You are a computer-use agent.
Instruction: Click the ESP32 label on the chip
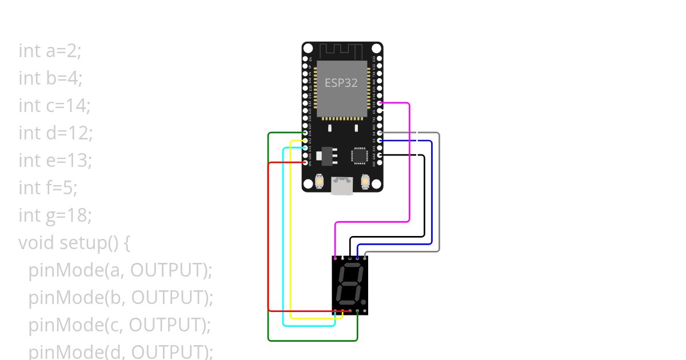341,83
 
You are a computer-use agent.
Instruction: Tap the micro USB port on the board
342,186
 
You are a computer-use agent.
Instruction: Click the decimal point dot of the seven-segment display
363,302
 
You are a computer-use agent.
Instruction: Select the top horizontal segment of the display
349,266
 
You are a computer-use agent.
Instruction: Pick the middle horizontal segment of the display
348,284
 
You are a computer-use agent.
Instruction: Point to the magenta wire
409,166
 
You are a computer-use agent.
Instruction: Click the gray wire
439,194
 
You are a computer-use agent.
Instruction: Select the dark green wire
269,240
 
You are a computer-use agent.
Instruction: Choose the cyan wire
284,240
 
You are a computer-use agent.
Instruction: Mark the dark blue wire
432,194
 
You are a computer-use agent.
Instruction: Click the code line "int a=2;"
50,51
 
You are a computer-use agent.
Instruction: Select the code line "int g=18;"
55,215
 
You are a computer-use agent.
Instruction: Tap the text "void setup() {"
74,243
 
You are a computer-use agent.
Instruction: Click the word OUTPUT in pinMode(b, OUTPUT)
172,298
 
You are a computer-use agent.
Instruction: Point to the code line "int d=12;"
55,133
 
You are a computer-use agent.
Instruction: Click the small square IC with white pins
360,155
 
